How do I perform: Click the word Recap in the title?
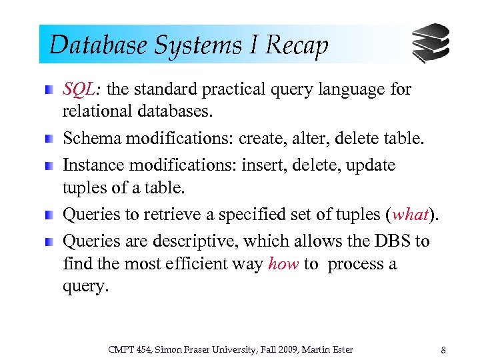coord(297,45)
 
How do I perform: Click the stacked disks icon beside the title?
coord(430,44)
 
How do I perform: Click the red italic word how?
coord(283,264)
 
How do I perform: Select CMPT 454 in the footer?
coord(124,349)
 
